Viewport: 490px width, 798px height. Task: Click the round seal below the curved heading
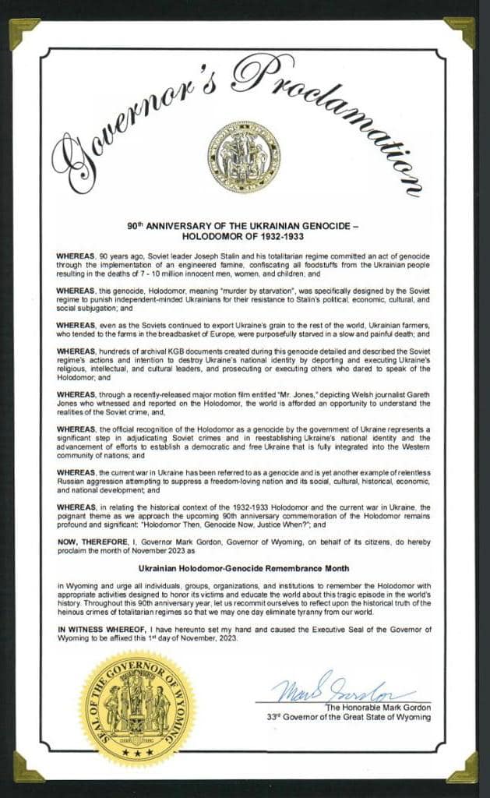pyautogui.click(x=243, y=157)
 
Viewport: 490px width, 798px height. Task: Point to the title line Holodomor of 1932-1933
pyautogui.click(x=242, y=235)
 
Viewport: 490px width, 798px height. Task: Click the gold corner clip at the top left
pyautogui.click(x=21, y=31)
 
